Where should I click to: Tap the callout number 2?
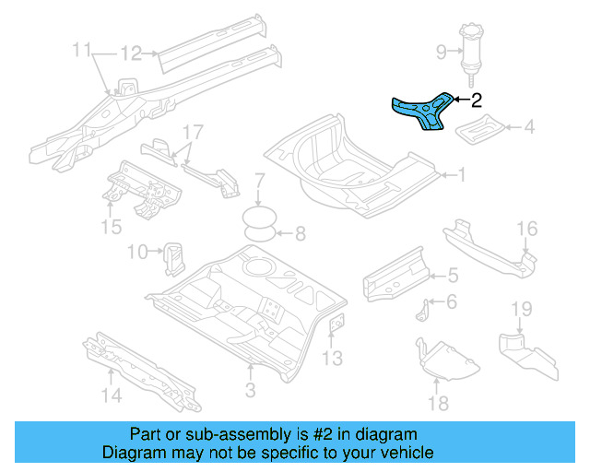pos(476,100)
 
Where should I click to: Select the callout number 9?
pos(441,52)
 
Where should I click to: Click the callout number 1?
pos(463,173)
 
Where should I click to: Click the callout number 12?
pos(132,53)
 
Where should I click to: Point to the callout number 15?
pos(111,225)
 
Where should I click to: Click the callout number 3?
pos(249,391)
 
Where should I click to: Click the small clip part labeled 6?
pos(423,311)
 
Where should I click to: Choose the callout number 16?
pos(526,228)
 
